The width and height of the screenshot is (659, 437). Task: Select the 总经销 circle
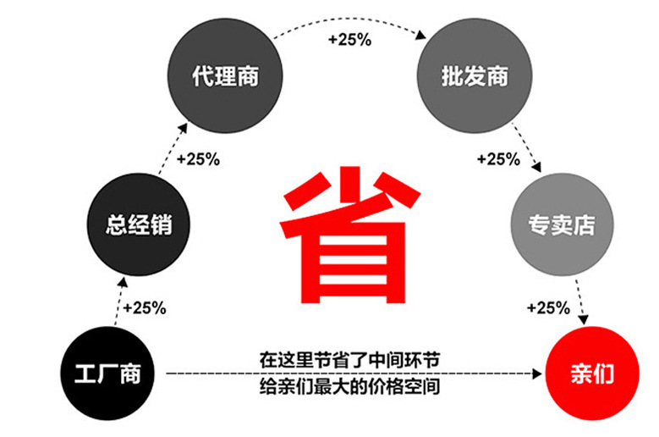pyautogui.click(x=139, y=224)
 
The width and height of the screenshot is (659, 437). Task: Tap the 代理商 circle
pyautogui.click(x=224, y=77)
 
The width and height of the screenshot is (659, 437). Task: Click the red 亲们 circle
pyautogui.click(x=591, y=373)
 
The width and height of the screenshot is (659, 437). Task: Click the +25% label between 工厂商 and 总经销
pyautogui.click(x=145, y=307)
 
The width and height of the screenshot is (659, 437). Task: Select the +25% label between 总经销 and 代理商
pyautogui.click(x=199, y=158)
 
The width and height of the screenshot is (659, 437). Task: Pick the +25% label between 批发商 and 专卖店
pyautogui.click(x=498, y=158)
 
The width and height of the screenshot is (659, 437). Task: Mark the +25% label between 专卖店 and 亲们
pyautogui.click(x=548, y=307)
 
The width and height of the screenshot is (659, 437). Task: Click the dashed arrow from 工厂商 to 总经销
pyautogui.click(x=117, y=301)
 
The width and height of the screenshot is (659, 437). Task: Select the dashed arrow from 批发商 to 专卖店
pyautogui.click(x=528, y=152)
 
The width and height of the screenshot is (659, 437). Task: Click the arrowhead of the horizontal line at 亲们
pyautogui.click(x=539, y=373)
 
